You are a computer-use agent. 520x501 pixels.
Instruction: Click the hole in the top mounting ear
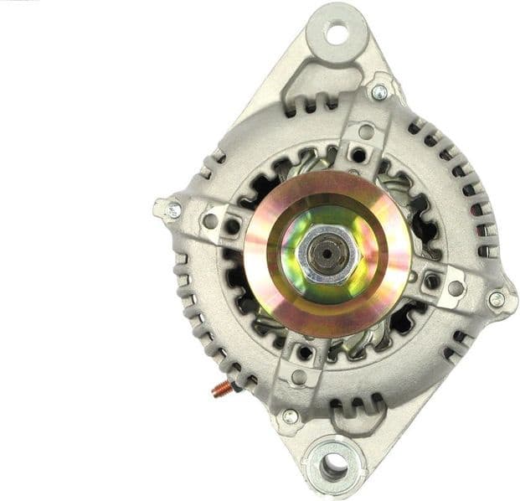click(337, 34)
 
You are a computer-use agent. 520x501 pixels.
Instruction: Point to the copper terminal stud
click(224, 388)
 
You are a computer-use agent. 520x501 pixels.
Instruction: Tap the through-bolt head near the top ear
click(378, 91)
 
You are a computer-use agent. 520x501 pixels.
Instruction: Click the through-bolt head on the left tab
click(173, 209)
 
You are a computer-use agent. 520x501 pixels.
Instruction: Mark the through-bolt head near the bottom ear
click(290, 416)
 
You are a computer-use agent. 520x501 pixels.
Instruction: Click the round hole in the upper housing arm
click(365, 132)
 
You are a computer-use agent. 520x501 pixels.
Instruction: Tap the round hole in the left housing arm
click(211, 222)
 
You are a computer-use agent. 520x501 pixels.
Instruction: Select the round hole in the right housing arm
click(456, 288)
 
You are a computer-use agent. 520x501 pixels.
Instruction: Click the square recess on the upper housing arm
click(358, 155)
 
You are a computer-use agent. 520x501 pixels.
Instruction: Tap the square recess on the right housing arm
click(431, 281)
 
